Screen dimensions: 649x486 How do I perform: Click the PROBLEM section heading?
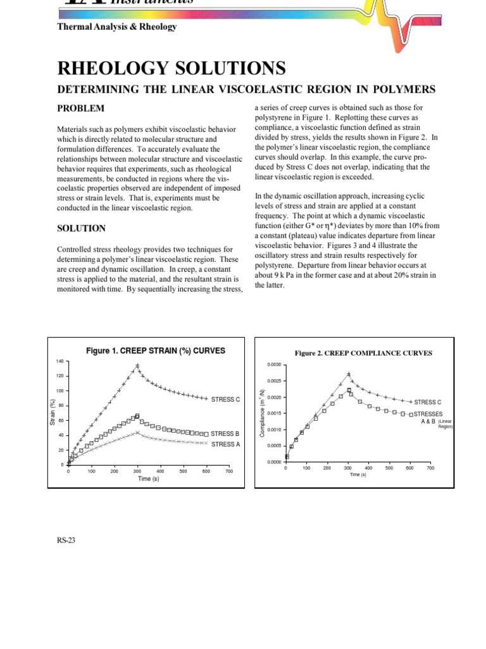[81, 108]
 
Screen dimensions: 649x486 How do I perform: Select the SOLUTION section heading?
[82, 228]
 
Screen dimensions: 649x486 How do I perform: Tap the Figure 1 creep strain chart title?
[155, 350]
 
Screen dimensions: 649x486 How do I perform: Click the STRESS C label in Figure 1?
[226, 399]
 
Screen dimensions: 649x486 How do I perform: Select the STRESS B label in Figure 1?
[225, 434]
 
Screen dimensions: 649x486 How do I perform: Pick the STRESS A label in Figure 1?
[225, 444]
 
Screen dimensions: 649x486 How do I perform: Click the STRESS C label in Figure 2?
[428, 402]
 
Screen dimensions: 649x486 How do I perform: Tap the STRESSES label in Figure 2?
[428, 414]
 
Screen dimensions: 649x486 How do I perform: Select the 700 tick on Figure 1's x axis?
[228, 472]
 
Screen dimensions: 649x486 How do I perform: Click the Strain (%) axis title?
[53, 413]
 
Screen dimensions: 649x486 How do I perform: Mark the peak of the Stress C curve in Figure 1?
[137, 365]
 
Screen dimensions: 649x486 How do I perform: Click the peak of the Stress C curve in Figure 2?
[348, 374]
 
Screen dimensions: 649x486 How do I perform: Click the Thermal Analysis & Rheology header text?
[117, 27]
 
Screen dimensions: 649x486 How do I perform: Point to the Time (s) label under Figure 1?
[148, 479]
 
